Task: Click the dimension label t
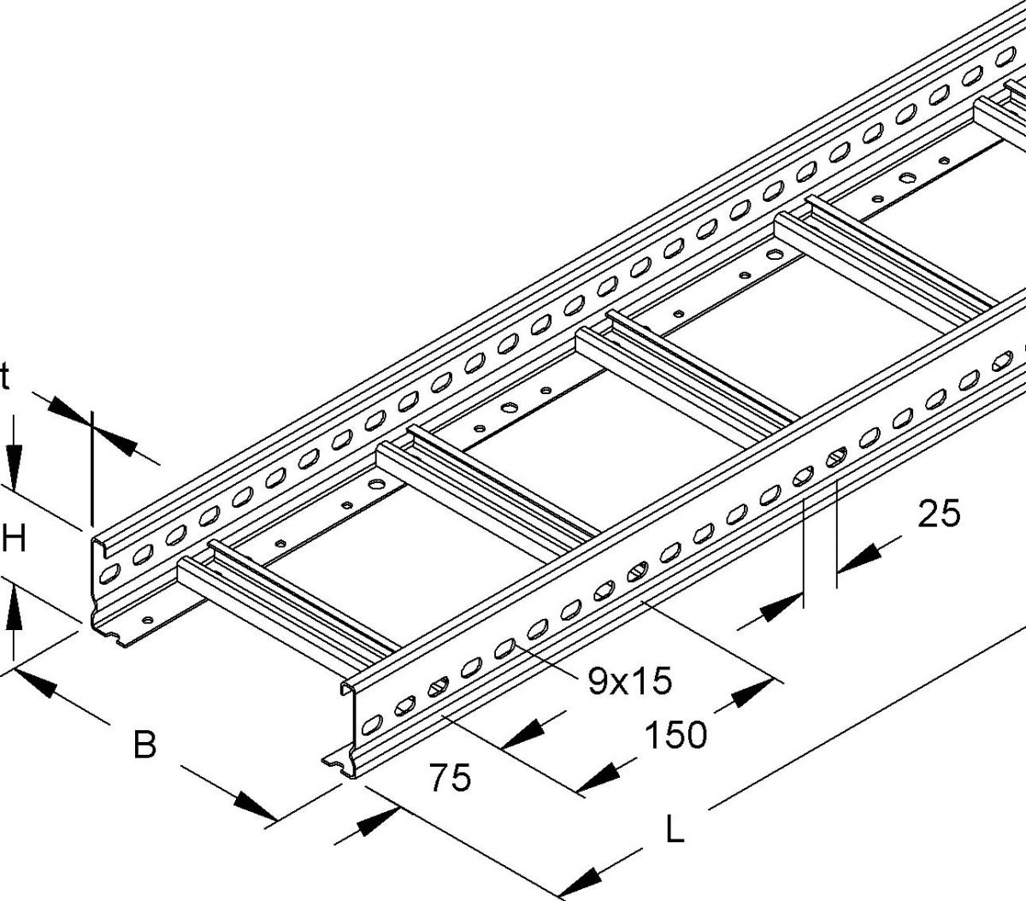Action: click(4, 379)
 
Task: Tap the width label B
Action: click(145, 745)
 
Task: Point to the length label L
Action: click(675, 828)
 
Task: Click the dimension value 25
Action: click(939, 514)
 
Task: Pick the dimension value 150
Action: click(675, 734)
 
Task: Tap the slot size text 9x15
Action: click(629, 680)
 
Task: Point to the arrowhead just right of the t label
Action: click(68, 409)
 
